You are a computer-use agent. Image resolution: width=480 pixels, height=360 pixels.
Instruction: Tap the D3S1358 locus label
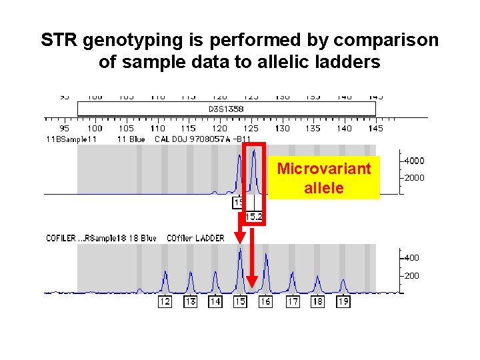[226, 108]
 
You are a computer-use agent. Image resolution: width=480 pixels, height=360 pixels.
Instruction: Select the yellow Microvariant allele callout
[323, 178]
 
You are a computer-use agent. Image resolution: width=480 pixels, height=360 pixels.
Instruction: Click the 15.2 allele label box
[253, 217]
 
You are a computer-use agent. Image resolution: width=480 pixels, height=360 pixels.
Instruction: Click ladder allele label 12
[165, 302]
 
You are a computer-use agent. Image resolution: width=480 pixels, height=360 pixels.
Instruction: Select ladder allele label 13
[191, 302]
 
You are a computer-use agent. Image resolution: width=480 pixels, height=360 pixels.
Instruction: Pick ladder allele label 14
[215, 302]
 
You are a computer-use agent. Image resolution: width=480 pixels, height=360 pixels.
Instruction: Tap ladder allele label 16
[265, 302]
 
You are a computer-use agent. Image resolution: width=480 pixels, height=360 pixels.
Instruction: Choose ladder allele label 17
[293, 302]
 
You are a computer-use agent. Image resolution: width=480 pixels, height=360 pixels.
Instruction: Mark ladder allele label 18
[318, 302]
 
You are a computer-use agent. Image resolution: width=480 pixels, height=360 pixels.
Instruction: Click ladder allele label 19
[343, 302]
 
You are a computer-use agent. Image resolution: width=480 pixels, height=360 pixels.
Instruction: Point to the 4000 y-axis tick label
[413, 161]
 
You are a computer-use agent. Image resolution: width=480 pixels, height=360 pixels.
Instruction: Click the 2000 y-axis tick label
[413, 178]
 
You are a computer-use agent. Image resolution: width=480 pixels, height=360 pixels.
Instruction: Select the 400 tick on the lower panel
[411, 258]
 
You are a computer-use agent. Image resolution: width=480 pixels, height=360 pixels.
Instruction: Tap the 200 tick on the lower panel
[411, 275]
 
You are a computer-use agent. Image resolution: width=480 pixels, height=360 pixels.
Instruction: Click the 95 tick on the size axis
[64, 128]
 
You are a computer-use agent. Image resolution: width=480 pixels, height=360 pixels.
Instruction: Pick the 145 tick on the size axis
[375, 128]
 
